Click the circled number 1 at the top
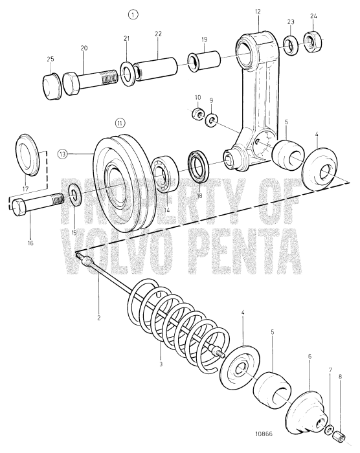point(133,14)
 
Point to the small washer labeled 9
point(212,120)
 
